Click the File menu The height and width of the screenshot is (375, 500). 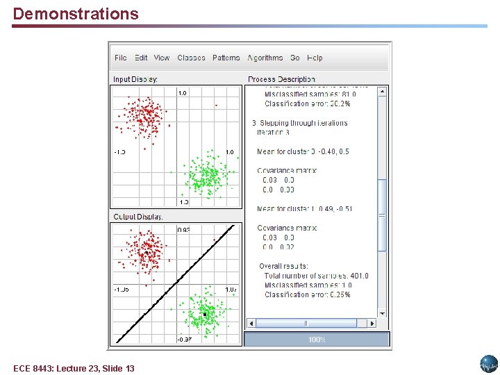click(120, 58)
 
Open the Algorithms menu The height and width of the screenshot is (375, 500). click(265, 58)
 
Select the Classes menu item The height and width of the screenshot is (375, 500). click(191, 58)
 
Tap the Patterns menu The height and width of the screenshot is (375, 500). click(226, 58)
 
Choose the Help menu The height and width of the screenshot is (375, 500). click(315, 58)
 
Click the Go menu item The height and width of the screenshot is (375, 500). click(295, 58)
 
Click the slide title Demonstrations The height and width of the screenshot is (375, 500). click(76, 14)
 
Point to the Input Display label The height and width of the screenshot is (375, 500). click(135, 79)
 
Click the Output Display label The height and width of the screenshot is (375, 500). click(138, 217)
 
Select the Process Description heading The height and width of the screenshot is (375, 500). click(281, 79)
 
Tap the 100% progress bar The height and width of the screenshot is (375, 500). click(317, 340)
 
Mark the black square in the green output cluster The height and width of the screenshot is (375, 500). click(205, 315)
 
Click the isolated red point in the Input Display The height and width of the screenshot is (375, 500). click(216, 105)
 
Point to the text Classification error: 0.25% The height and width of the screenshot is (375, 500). click(307, 294)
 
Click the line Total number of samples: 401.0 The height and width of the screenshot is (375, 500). click(316, 276)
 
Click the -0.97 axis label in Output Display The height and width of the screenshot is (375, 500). click(184, 340)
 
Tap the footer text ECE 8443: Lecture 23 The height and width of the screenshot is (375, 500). click(74, 368)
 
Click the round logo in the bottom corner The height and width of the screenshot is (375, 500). click(488, 363)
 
